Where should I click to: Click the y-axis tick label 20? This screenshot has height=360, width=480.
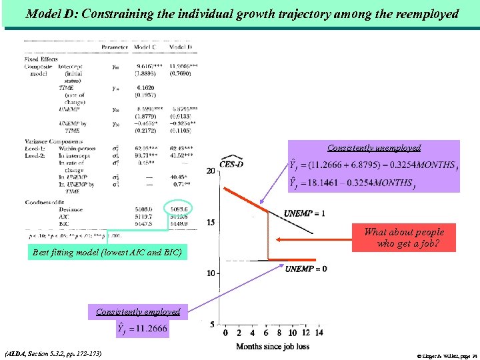(x=210, y=171)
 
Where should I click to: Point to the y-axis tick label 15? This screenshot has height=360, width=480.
(x=210, y=222)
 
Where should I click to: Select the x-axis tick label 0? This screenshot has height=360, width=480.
(x=229, y=333)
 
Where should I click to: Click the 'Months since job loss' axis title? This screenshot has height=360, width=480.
(x=273, y=346)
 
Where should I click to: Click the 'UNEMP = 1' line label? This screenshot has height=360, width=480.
(x=305, y=213)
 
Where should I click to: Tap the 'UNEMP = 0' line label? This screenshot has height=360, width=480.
(x=306, y=269)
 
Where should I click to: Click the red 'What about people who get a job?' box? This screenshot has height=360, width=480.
(x=403, y=238)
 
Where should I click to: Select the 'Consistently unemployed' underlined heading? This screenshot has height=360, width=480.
(x=373, y=148)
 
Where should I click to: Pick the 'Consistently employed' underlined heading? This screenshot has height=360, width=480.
(x=138, y=311)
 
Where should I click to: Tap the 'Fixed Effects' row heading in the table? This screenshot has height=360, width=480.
(x=41, y=59)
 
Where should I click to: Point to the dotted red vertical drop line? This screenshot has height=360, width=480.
(x=267, y=235)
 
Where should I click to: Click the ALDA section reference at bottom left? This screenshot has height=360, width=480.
(x=53, y=353)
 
